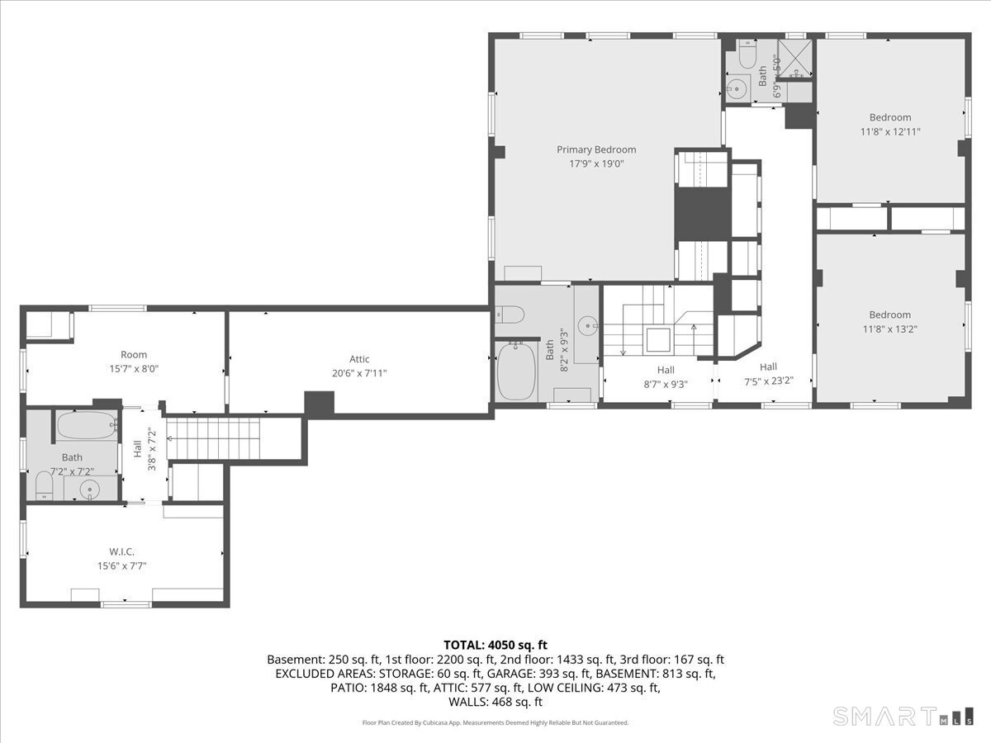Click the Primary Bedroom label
coord(596,149)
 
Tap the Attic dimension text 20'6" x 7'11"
coord(359,373)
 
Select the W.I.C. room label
coord(121,551)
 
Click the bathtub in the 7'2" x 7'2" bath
coord(86,427)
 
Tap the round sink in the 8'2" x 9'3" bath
coord(588,324)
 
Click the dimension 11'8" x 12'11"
coord(889,131)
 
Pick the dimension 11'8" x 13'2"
coord(889,329)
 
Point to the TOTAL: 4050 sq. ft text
coord(495,645)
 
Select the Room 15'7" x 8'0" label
coord(134,355)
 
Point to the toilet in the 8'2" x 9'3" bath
coord(509,314)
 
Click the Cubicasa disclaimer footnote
coord(495,722)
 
